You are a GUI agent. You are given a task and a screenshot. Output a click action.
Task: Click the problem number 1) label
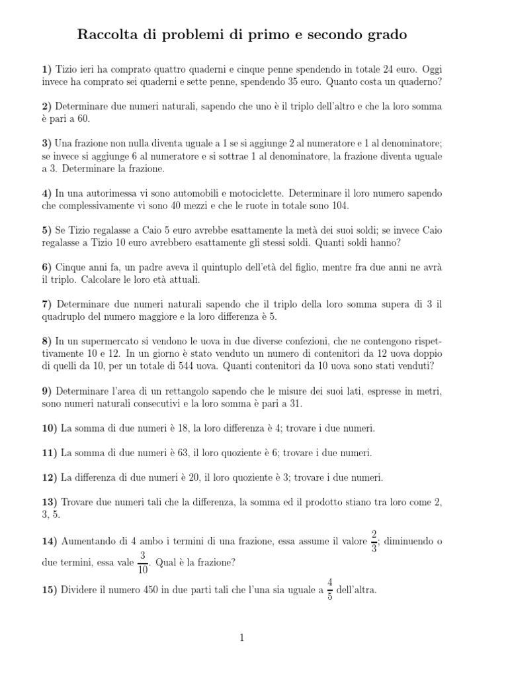point(46,69)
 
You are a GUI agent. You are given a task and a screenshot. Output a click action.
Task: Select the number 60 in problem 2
point(81,119)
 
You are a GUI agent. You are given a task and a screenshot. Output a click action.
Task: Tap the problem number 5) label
point(46,230)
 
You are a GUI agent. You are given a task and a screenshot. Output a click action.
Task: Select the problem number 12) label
point(49,477)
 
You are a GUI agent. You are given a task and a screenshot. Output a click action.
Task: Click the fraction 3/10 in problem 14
point(143,563)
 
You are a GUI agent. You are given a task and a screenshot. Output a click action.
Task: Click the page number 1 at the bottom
point(242,638)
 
